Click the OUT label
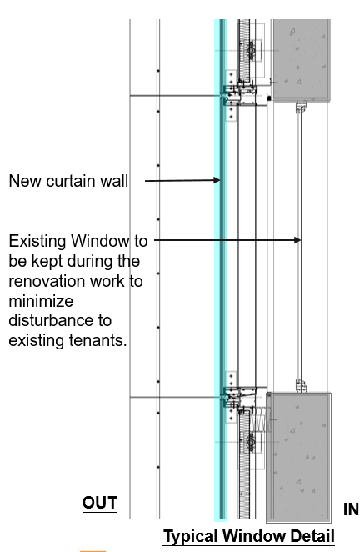pyautogui.click(x=100, y=503)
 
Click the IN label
pyautogui.click(x=351, y=509)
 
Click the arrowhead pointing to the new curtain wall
pyautogui.click(x=217, y=180)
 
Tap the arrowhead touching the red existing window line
pyautogui.click(x=297, y=240)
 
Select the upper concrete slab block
pyautogui.click(x=302, y=60)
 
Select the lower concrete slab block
pyautogui.click(x=299, y=458)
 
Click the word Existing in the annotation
pyautogui.click(x=37, y=242)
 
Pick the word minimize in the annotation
pyautogui.click(x=41, y=301)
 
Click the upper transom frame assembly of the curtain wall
pyautogui.click(x=240, y=94)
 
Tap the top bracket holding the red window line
pyautogui.click(x=301, y=107)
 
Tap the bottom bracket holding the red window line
pyautogui.click(x=301, y=386)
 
